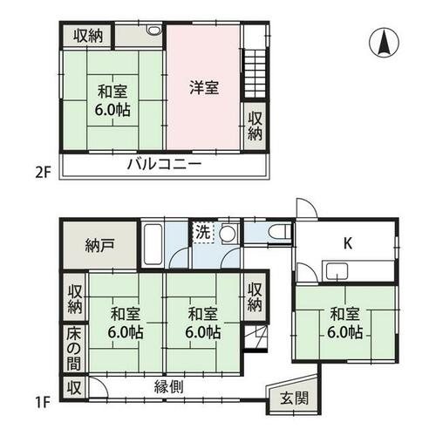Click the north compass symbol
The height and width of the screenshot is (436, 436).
[x=384, y=43]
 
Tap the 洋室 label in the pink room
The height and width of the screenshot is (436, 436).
[x=204, y=87]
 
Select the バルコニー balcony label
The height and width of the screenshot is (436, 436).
[x=165, y=165]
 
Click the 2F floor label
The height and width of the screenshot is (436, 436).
[x=43, y=174]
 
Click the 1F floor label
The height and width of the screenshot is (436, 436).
[x=43, y=403]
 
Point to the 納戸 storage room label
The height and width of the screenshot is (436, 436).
[x=99, y=246]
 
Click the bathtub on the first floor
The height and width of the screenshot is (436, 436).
[x=153, y=244]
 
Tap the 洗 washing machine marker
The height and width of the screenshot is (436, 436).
[x=203, y=232]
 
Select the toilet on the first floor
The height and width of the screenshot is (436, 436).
[x=279, y=232]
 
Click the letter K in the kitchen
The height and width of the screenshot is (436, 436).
[x=348, y=243]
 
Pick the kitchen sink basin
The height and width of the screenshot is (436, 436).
[x=337, y=271]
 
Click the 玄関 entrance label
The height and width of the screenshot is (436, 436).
[x=294, y=399]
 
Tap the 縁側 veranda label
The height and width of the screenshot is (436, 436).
[x=168, y=387]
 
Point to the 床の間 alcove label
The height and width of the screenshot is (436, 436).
[x=73, y=349]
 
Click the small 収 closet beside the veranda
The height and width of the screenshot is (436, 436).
[x=74, y=388]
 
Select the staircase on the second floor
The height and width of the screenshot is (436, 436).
[x=255, y=74]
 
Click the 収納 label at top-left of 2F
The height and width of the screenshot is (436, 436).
[x=88, y=37]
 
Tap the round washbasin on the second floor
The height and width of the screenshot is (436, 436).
[x=154, y=30]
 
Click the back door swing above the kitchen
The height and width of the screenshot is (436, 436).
[x=306, y=208]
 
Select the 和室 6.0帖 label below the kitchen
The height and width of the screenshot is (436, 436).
[x=345, y=323]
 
